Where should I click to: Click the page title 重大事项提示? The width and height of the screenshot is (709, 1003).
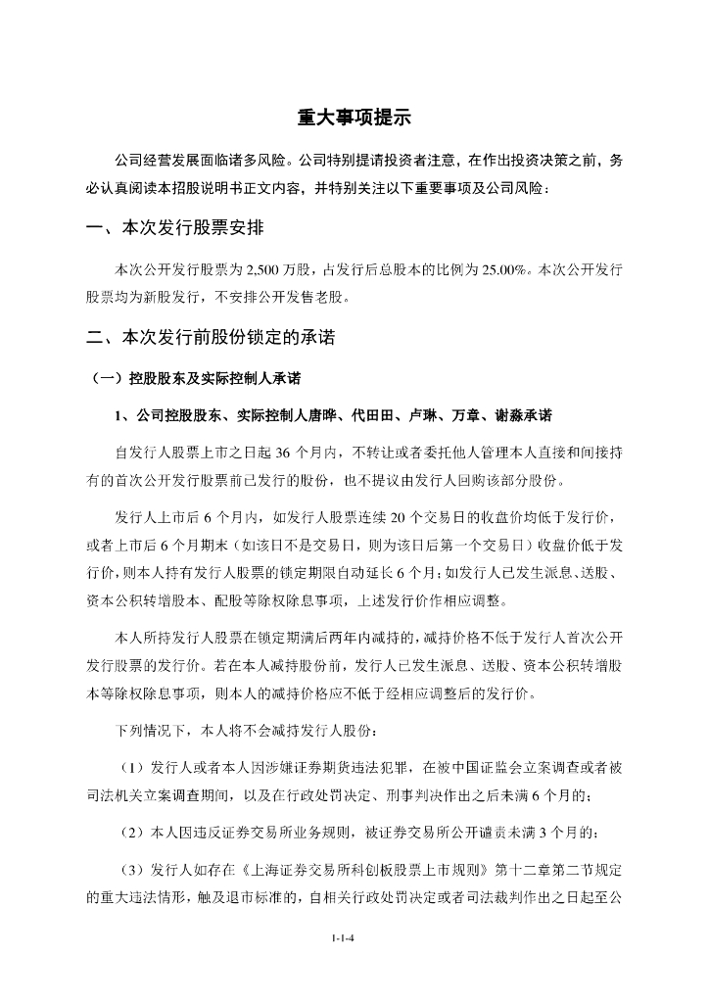click(354, 119)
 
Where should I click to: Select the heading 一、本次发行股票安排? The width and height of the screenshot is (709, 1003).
click(173, 229)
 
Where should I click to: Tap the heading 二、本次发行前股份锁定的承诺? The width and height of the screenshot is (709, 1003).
click(211, 338)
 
